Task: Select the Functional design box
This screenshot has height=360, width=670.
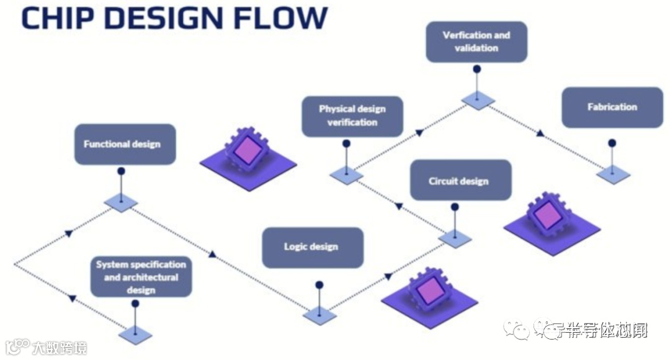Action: (125, 145)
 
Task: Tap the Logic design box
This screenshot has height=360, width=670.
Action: (312, 247)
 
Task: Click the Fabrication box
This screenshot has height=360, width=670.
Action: (612, 107)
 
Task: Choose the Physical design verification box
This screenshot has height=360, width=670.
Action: (352, 116)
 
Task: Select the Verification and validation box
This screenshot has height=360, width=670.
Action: (476, 42)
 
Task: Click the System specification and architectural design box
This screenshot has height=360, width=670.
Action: (141, 277)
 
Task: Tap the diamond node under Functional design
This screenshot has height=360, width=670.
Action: (121, 202)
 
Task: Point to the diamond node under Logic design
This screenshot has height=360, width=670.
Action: (319, 315)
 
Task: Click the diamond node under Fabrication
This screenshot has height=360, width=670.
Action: (613, 174)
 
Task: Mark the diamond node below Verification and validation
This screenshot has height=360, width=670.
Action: (478, 101)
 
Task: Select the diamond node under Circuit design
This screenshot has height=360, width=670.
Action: (455, 238)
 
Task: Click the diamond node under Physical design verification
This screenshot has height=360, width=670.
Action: (346, 175)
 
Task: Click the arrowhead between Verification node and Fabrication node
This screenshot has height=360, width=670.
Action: (540, 133)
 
